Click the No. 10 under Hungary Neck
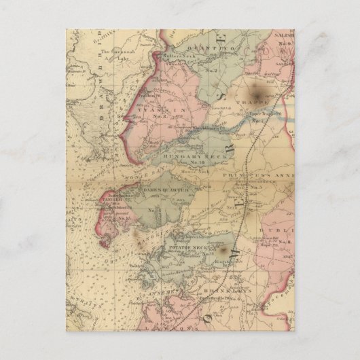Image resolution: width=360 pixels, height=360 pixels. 196,163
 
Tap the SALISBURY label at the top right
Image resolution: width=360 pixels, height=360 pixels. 281,32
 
